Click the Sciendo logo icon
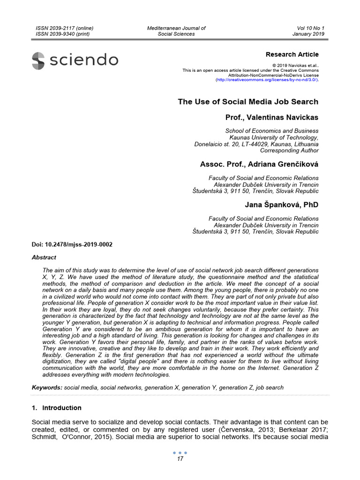(38, 61)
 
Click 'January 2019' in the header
(308, 34)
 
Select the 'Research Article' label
(292, 54)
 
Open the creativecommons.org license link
(267, 80)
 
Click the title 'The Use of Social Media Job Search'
(248, 102)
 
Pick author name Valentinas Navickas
(272, 117)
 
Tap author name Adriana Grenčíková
(259, 164)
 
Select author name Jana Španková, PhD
(281, 205)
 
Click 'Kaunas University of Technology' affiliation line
(274, 138)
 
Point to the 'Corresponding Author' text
(289, 150)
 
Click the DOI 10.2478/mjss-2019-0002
(72, 245)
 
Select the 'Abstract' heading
(44, 257)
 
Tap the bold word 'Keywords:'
(47, 388)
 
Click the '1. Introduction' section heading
(56, 408)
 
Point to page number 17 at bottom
(180, 459)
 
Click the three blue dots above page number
(180, 453)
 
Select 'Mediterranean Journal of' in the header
(176, 28)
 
